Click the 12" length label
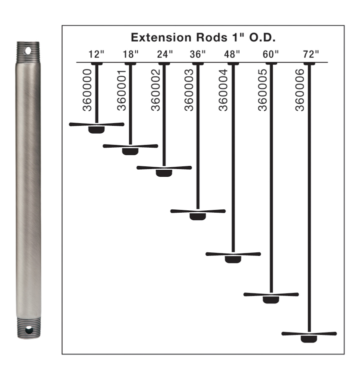96,54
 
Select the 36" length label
197,54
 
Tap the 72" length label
311,54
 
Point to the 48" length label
231,54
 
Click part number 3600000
87,90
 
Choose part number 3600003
189,90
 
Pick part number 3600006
299,90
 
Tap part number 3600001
121,90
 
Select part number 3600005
262,90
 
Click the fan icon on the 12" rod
96,128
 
